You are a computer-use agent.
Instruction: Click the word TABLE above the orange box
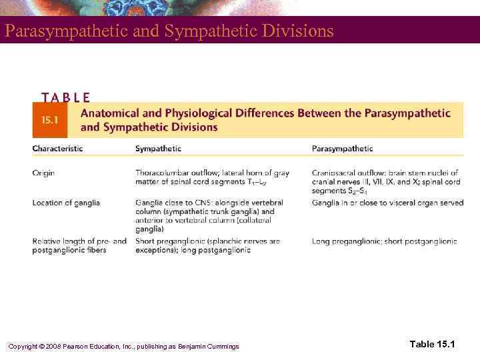[65, 97]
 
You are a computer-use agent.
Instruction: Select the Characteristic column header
[57, 149]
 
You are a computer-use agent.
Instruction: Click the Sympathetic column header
[158, 149]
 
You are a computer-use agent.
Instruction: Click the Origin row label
[43, 173]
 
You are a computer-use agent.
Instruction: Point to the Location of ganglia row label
[66, 203]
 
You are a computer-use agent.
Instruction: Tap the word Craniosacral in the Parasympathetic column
[335, 173]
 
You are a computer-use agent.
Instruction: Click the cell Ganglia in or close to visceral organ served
[387, 203]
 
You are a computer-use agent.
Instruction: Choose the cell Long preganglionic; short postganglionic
[384, 241]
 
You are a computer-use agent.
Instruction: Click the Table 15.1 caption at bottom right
[431, 344]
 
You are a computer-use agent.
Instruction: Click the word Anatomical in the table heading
[112, 113]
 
